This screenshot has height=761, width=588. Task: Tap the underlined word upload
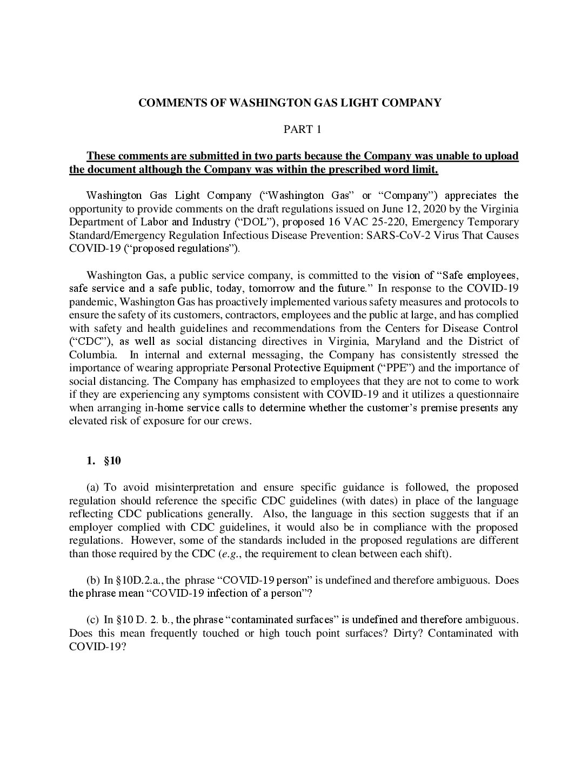501,156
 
